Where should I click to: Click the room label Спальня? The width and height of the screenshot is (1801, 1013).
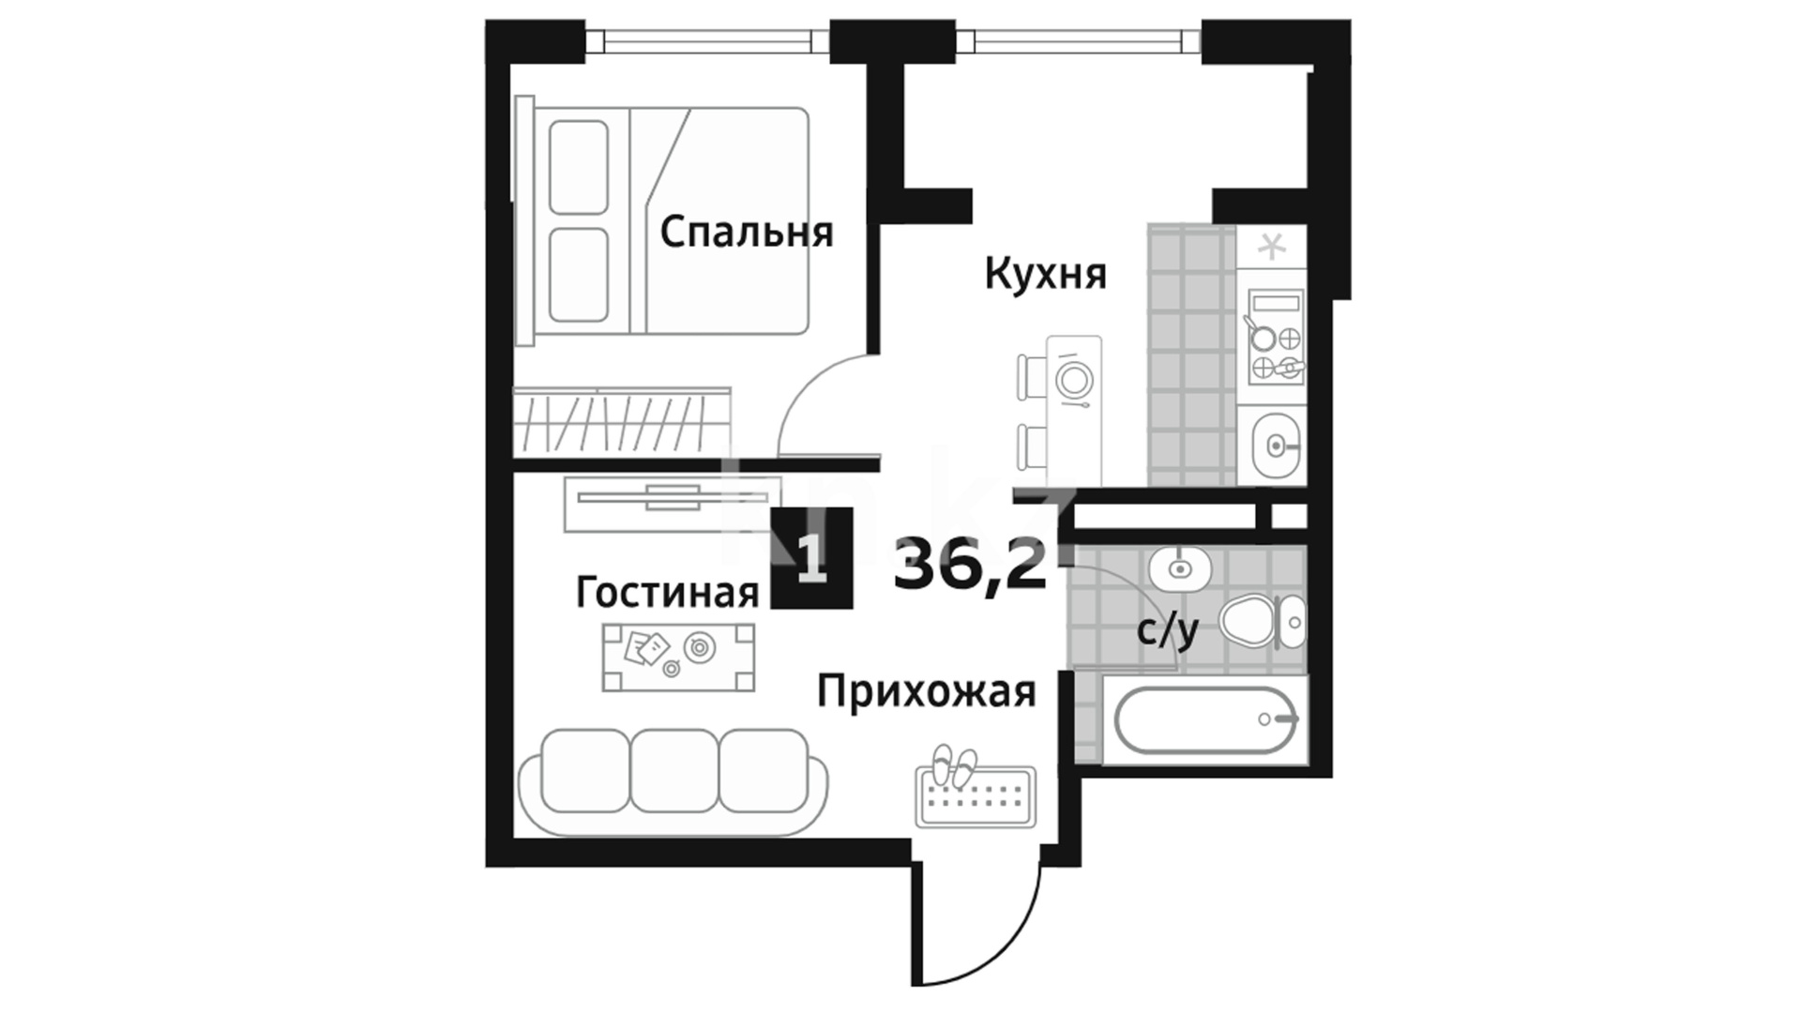click(747, 233)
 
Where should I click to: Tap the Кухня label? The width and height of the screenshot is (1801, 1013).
click(1046, 275)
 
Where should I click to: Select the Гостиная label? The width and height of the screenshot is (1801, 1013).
click(667, 593)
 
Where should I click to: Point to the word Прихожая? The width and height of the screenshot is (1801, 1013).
click(927, 693)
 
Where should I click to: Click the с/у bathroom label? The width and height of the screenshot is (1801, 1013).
click(1168, 631)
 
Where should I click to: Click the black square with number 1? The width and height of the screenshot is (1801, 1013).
click(811, 558)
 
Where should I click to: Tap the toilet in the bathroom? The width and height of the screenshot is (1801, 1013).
click(1263, 621)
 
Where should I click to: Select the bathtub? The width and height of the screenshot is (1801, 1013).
click(1206, 719)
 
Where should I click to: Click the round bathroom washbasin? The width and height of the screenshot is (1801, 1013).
click(1180, 567)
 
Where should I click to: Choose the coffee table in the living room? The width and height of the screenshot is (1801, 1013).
click(678, 658)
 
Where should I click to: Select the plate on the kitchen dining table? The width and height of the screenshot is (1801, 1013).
click(1073, 379)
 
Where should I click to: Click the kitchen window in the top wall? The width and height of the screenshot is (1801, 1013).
click(1086, 41)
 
